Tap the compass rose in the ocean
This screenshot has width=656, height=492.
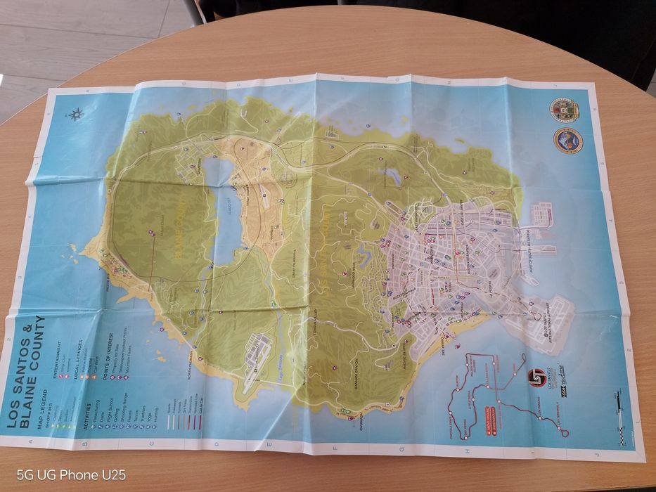tap(76, 114)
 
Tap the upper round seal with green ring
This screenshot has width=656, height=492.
tap(565, 110)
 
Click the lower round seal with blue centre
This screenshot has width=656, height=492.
tap(567, 140)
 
